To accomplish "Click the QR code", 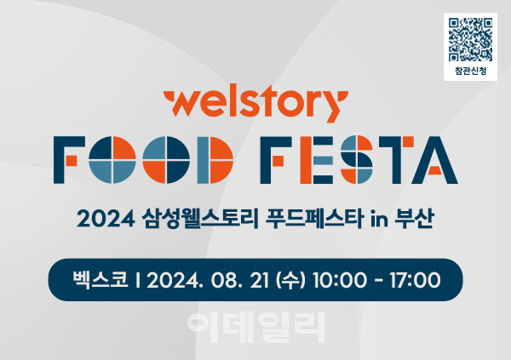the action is [x=470, y=40].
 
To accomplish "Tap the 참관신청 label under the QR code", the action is [x=470, y=71].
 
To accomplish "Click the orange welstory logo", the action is [x=255, y=104].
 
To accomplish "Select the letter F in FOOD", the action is [x=69, y=160].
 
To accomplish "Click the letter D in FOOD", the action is [x=215, y=160].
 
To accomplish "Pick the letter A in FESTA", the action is [x=435, y=160].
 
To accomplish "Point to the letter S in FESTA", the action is [x=357, y=160].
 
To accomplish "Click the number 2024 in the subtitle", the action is [x=106, y=219].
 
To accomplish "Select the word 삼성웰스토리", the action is [x=200, y=219].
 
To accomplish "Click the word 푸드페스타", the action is [x=314, y=219].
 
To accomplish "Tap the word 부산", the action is [x=414, y=219].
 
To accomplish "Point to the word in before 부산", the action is [x=379, y=219].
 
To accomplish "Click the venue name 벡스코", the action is [x=100, y=279].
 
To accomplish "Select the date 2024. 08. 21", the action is [x=208, y=280].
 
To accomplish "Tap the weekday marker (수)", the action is [x=290, y=280].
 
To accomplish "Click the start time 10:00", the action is [x=340, y=280].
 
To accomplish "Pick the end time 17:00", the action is [x=415, y=280].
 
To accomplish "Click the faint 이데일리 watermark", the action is [x=256, y=327].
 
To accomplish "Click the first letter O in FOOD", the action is [x=112, y=160].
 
